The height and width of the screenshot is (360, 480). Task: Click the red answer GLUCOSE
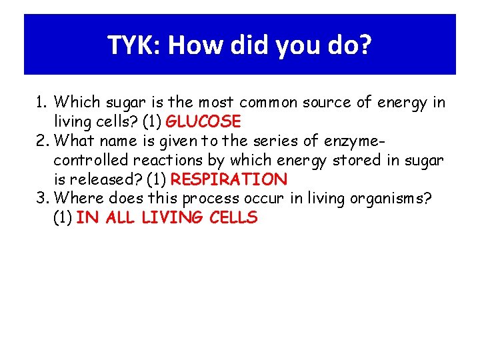203,122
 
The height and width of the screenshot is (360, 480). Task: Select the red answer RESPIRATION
229,179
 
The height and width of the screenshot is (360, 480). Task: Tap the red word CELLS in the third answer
233,218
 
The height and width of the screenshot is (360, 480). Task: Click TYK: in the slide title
135,46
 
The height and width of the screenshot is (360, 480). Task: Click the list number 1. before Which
42,103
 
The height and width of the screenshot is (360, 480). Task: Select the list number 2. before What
43,141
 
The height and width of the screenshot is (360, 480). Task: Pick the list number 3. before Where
43,199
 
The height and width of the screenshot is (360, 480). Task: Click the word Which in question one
75,103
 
